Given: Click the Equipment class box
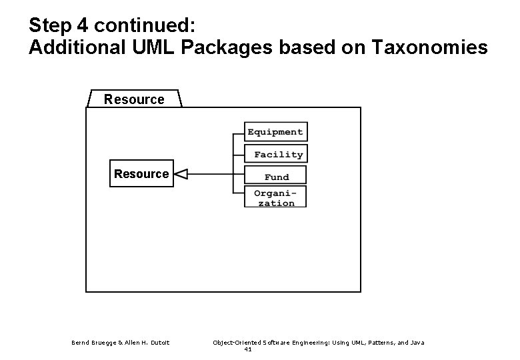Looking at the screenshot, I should [275, 132].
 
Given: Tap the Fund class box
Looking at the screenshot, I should [276, 177].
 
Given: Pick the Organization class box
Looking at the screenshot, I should [276, 197].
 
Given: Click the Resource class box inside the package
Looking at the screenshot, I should [141, 174].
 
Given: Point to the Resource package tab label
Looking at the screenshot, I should [134, 99].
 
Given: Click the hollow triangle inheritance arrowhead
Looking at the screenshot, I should [181, 175].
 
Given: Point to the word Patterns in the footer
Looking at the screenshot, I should [371, 343].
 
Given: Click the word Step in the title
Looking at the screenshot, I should [50, 26].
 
